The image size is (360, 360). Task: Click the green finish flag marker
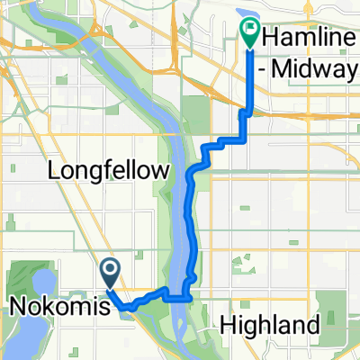point(249,34)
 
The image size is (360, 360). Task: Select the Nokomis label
point(61,307)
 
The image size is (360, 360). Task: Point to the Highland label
point(269,325)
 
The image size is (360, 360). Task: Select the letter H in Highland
point(225,325)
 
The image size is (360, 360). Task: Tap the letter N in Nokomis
point(16,307)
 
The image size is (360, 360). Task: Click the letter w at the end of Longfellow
point(163,171)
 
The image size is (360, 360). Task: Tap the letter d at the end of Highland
point(313,325)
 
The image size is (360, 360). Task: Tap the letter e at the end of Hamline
point(352,37)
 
